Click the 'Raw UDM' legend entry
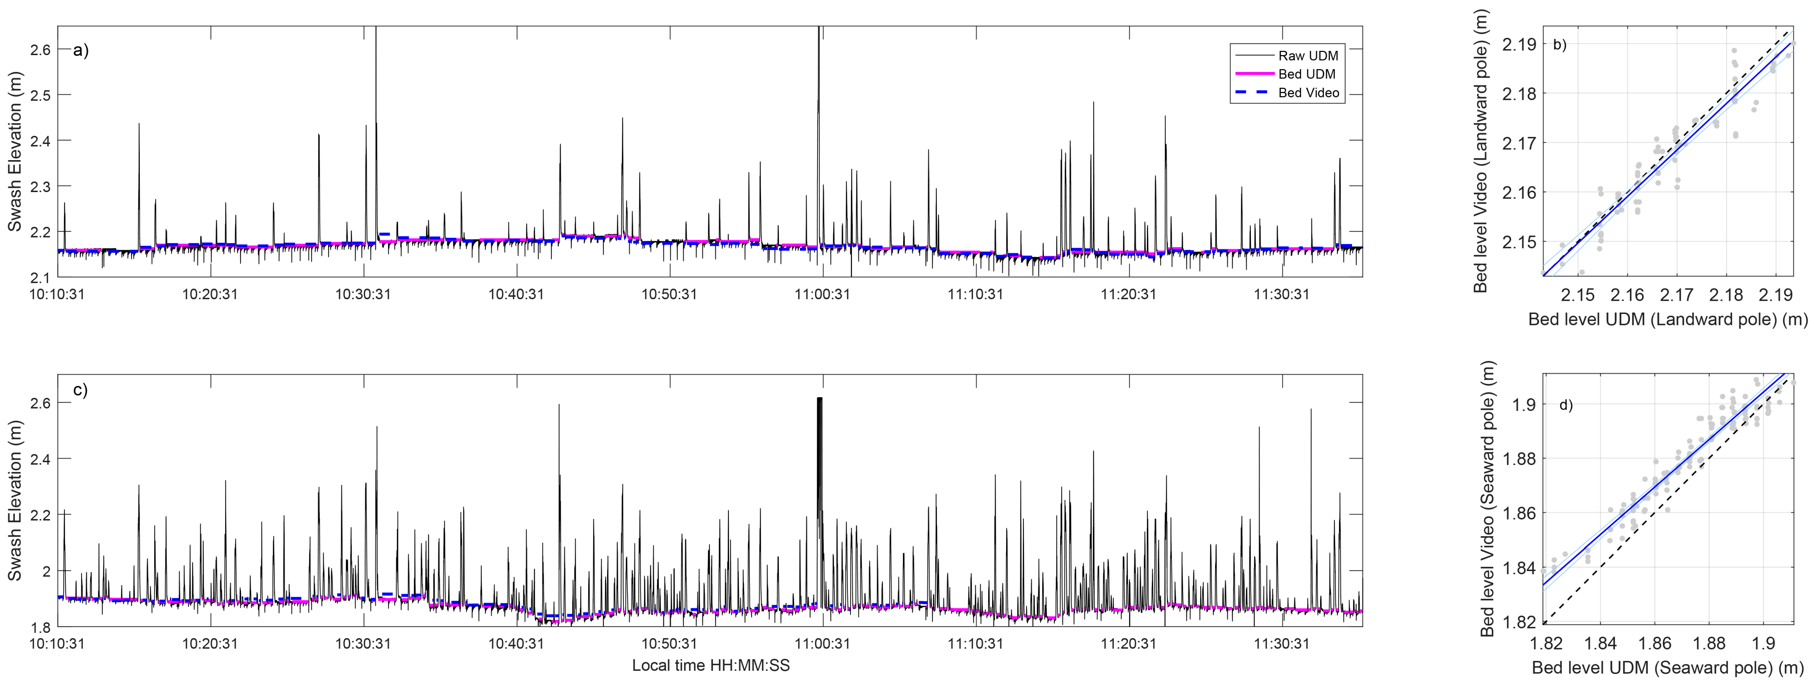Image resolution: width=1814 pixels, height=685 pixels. point(1308,56)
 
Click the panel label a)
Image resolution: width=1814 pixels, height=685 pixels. point(81,51)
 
